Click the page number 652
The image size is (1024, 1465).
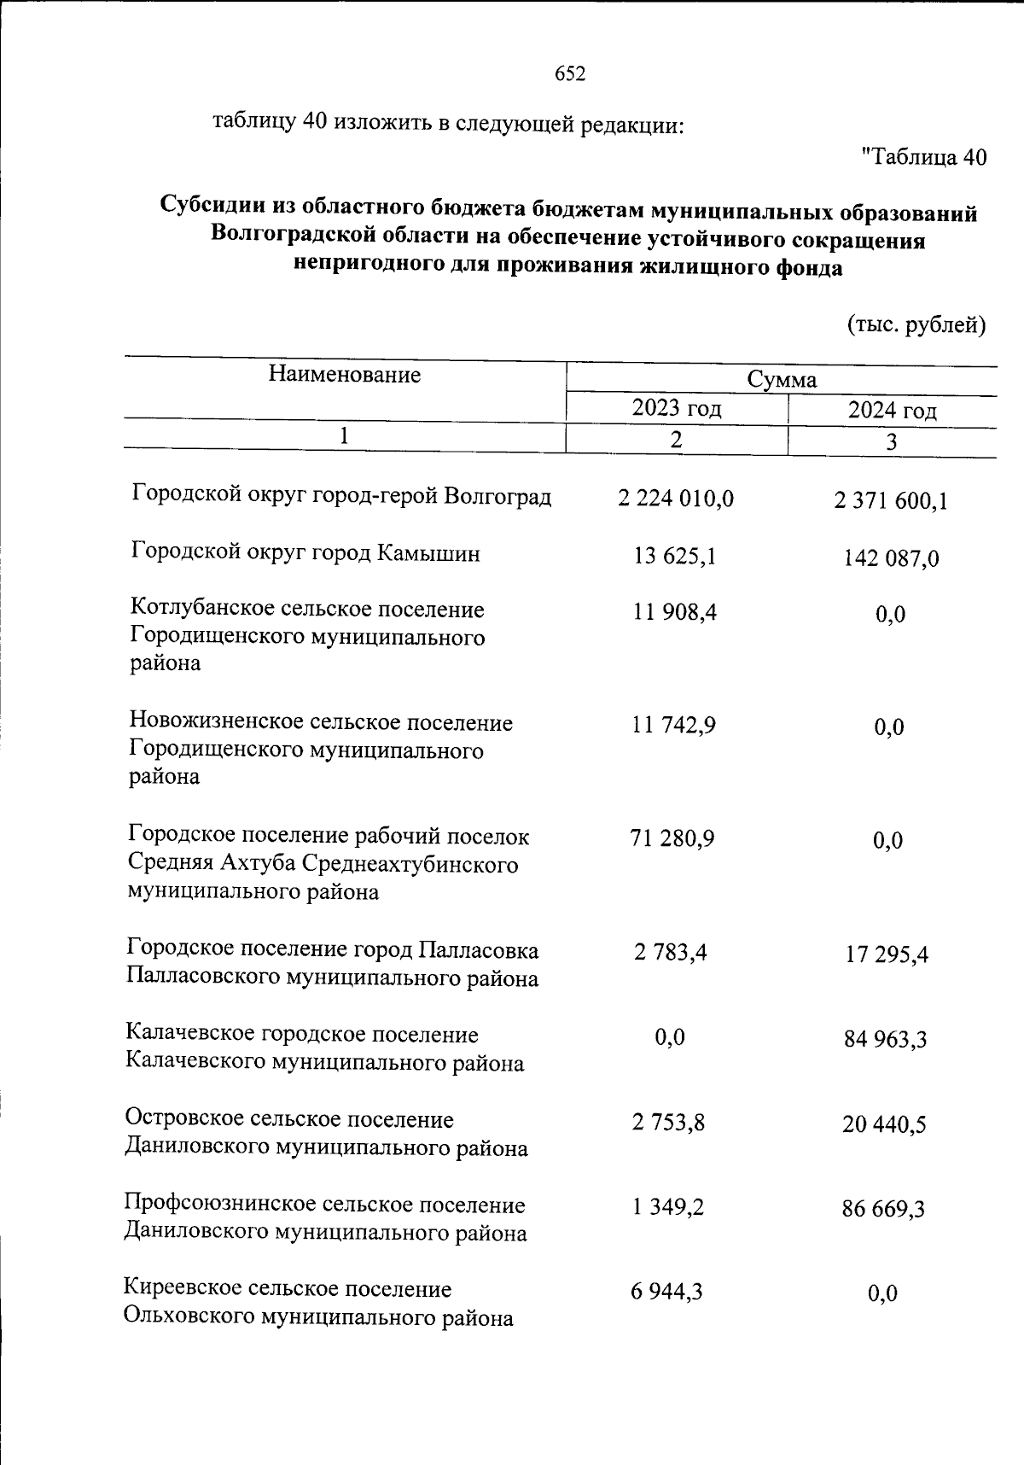point(570,74)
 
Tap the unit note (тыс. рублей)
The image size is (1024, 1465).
point(916,324)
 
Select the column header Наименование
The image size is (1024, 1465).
point(345,375)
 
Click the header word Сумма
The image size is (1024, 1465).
point(782,380)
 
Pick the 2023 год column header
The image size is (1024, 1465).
point(677,409)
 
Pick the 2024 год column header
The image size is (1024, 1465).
point(892,411)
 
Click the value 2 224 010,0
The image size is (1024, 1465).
point(677,499)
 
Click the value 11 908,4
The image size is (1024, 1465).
point(674,611)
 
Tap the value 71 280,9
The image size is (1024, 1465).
point(673,838)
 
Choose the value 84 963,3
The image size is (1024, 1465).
point(886,1040)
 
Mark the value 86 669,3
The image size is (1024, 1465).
point(883,1209)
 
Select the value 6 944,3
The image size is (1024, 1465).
point(667,1292)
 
